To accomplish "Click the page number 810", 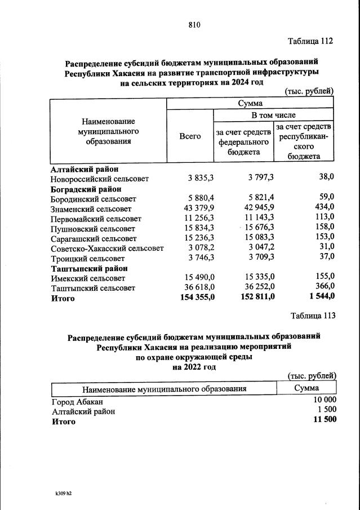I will (194, 24).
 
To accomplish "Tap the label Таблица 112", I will (310, 41).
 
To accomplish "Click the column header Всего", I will (190, 136).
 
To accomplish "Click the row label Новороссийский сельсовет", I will (100, 179).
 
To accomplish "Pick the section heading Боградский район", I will (86, 189).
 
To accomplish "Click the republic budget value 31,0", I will (326, 248).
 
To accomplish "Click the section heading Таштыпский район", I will (89, 268).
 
